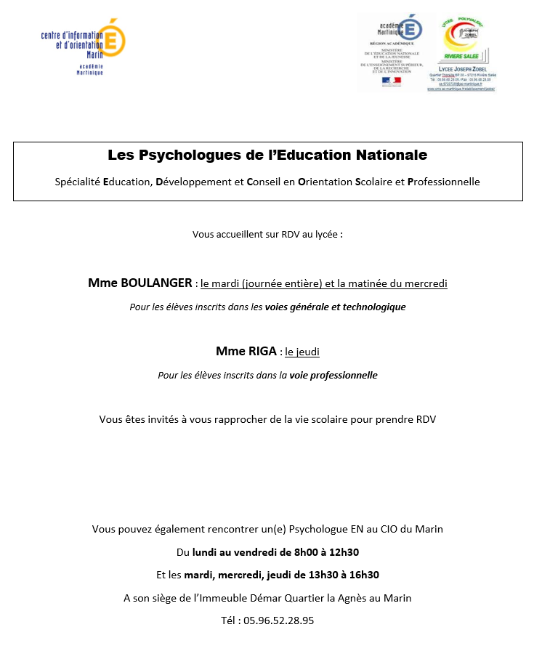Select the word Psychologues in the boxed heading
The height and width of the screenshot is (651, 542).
(180, 155)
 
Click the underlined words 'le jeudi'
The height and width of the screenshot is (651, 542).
(302, 352)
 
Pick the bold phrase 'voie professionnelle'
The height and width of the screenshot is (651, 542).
(333, 376)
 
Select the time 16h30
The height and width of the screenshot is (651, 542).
(363, 575)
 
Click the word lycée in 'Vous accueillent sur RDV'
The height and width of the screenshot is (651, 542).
(324, 235)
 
